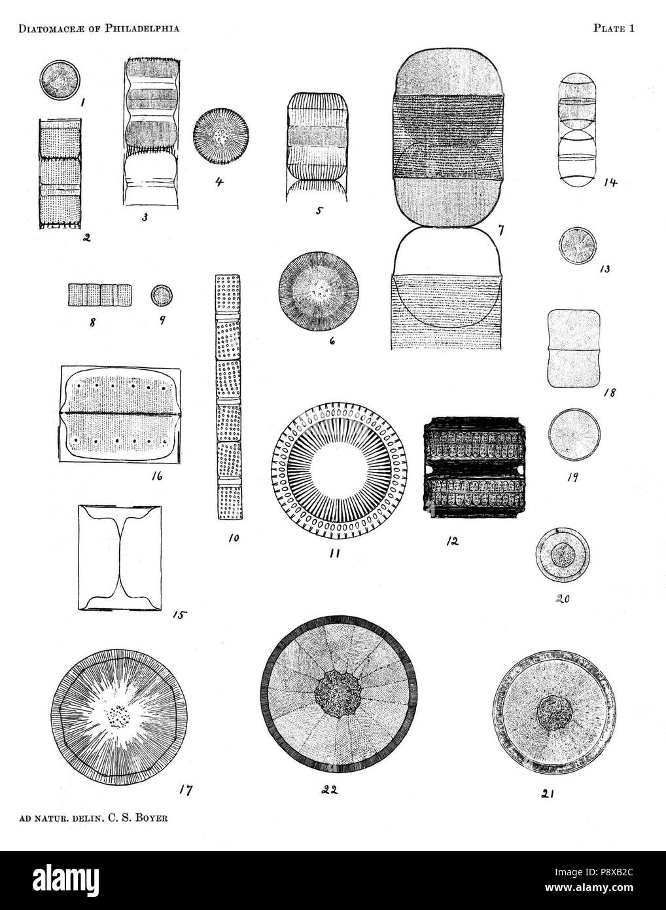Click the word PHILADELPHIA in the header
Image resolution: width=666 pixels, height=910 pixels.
[x=140, y=28]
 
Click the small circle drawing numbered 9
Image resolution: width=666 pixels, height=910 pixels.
[x=162, y=295]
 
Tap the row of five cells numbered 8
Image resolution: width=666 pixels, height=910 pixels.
[x=100, y=295]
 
